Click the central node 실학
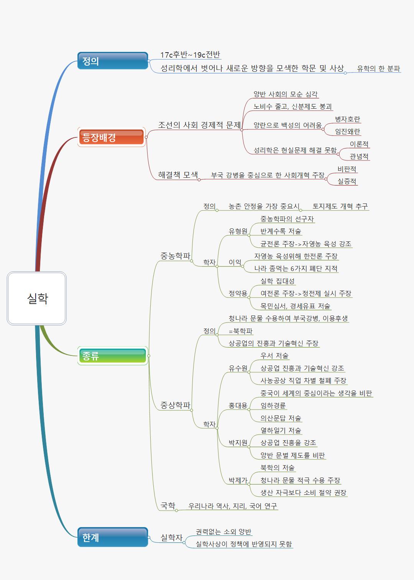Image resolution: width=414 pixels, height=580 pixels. pos(37,298)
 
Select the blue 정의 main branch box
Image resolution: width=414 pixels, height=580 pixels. pos(112,61)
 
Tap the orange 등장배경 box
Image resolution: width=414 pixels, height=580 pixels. pos(112,137)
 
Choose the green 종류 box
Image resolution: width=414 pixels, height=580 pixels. pos(112,356)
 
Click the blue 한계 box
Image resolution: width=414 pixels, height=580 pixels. pos(112,537)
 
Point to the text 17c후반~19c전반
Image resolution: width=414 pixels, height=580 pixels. pos(190,55)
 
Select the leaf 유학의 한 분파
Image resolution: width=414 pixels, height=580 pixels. pos(378,69)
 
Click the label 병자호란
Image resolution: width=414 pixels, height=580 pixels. pos(347,119)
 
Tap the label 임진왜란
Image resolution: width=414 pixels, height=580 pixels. pos(347,131)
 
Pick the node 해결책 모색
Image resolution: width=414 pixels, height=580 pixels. pos(178,175)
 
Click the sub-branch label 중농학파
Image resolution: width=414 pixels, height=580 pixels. pos(175,256)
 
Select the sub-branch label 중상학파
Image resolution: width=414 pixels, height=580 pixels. pos(175,405)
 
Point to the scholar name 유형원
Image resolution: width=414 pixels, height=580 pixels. pos(238,231)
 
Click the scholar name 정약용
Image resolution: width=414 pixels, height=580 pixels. pos(238,293)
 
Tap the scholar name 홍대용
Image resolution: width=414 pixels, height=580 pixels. pos(238,405)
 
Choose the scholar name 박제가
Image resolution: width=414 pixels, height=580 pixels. pos(238,480)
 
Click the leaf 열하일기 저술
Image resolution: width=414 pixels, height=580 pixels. pos(281,430)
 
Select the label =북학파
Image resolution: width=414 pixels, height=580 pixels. pos(241,331)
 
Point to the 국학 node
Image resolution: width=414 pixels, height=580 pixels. pos(168,506)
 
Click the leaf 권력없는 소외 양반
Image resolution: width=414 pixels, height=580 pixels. pos(223,532)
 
